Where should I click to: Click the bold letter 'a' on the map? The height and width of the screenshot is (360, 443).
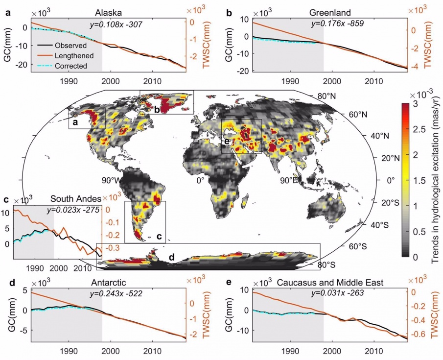click(75, 123)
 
